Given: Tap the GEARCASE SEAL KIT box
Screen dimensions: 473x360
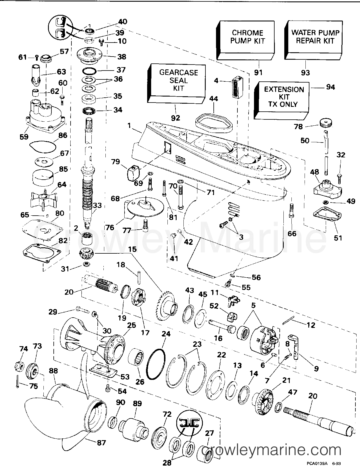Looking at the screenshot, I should [179, 81].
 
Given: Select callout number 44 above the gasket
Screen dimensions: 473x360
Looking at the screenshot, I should [213, 99].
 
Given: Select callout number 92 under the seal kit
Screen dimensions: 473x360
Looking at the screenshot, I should [176, 118].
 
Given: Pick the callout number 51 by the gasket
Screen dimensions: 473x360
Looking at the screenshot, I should [338, 238].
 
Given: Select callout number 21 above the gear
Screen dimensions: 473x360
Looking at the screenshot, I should [286, 380].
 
